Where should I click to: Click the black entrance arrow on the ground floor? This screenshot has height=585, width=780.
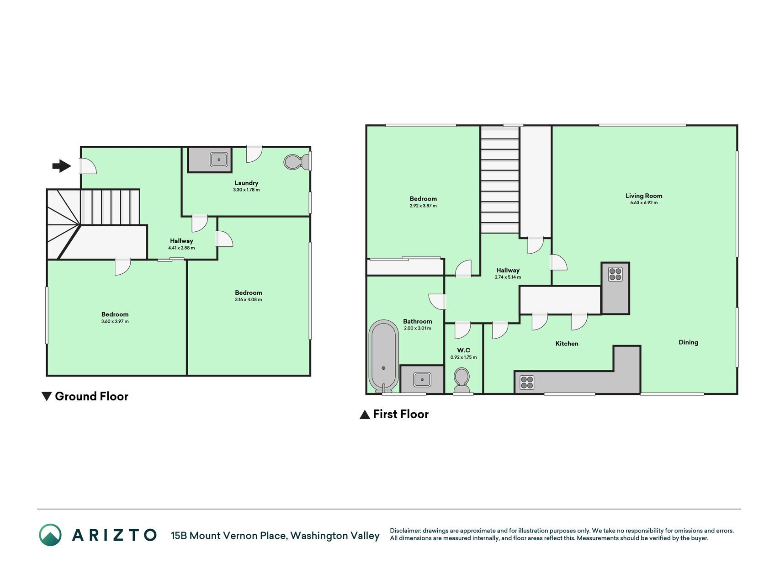tap(62, 166)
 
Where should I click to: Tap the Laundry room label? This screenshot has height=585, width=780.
tap(246, 183)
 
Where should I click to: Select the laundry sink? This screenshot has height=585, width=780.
tap(219, 160)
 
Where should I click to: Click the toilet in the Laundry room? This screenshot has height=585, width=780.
tap(297, 161)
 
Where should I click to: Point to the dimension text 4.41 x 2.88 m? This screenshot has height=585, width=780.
tap(181, 248)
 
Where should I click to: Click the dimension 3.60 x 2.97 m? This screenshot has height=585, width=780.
tap(115, 321)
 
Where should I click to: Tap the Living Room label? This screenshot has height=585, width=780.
tap(644, 196)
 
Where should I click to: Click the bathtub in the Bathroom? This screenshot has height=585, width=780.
tap(384, 356)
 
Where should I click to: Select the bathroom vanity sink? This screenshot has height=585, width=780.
tap(422, 379)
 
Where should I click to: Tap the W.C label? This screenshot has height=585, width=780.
tap(464, 351)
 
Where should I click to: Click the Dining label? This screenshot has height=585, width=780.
tap(688, 342)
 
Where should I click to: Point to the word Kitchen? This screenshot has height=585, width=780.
tap(567, 344)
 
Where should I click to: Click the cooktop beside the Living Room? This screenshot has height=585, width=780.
tap(615, 274)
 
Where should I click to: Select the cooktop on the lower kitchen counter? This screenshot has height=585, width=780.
tap(527, 382)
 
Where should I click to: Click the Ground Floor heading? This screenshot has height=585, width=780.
tap(85, 396)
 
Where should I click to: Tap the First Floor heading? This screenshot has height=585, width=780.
tap(394, 414)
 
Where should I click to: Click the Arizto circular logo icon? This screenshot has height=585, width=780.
tap(50, 535)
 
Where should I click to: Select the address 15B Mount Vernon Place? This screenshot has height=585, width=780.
tap(229, 536)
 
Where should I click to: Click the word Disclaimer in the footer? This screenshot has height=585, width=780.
tap(405, 531)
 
